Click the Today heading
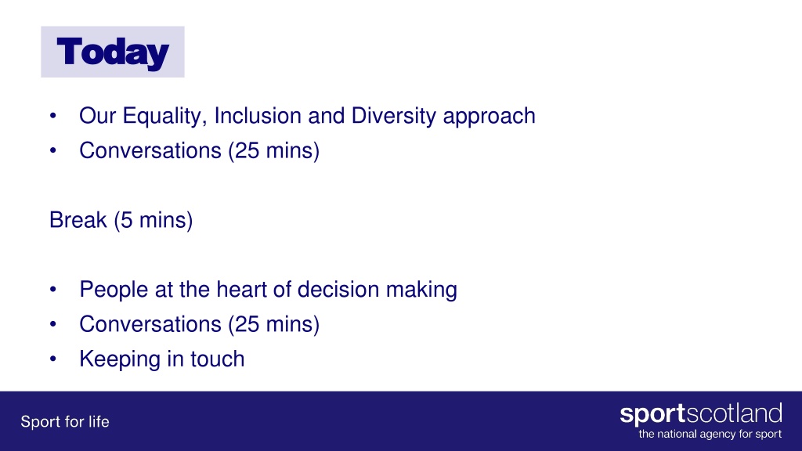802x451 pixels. [x=113, y=52]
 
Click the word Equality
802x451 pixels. [x=164, y=117]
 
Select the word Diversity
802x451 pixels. [x=393, y=117]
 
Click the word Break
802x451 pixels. [x=78, y=220]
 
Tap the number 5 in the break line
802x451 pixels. [x=126, y=220]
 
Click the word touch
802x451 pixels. [x=218, y=359]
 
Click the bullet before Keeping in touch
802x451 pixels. [x=52, y=359]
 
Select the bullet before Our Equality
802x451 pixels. [x=52, y=116]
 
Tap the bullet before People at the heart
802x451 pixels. [x=52, y=290]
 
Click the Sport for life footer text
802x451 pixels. [x=65, y=422]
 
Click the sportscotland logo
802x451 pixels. [x=701, y=414]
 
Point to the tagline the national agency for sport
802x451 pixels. [x=710, y=435]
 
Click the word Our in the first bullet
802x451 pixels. [x=98, y=116]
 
